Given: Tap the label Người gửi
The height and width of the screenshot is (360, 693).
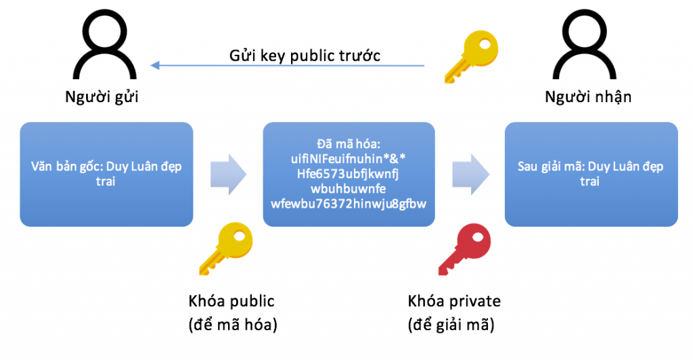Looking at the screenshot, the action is click(x=102, y=97).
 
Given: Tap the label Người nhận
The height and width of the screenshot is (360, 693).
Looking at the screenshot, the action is click(x=588, y=97).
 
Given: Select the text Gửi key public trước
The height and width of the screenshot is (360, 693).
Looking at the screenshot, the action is click(x=305, y=55).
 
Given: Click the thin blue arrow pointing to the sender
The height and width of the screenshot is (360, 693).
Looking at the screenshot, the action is click(x=287, y=66).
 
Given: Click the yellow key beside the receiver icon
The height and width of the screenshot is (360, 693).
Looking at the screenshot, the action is click(x=471, y=57).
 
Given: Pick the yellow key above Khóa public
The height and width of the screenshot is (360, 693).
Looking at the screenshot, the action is click(x=226, y=249).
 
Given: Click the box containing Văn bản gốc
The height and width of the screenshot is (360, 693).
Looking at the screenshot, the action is click(x=106, y=174).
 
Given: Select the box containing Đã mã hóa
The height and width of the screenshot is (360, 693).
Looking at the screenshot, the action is click(x=349, y=174).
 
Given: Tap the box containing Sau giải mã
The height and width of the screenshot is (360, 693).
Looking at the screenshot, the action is click(x=591, y=174).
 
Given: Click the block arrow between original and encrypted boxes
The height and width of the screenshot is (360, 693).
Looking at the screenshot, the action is click(x=228, y=175).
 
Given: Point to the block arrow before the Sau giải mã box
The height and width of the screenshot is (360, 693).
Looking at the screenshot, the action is click(x=471, y=175).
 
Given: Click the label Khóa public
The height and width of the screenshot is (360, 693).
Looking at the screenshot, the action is click(x=231, y=301).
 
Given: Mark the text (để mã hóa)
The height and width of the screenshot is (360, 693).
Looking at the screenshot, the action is click(x=233, y=325).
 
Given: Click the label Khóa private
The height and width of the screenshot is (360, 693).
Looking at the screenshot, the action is click(x=454, y=301).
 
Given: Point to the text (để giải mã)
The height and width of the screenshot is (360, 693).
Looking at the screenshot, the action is click(x=451, y=325).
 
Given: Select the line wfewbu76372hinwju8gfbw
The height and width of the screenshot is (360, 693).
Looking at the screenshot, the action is click(x=349, y=204).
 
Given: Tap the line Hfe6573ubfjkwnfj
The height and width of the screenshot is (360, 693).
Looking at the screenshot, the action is click(x=348, y=174).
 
